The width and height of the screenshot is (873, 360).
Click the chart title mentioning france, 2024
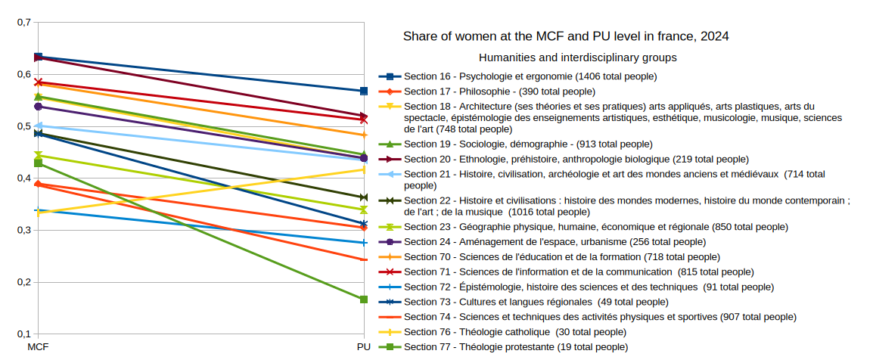click(566, 36)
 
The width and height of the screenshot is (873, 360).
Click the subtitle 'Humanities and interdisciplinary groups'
click(577, 57)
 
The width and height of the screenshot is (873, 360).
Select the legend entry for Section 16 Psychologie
click(530, 76)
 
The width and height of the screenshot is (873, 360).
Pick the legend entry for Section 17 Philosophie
click(499, 92)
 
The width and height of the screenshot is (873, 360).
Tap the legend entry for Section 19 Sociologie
click(527, 144)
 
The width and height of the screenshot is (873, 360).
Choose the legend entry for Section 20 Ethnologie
click(576, 159)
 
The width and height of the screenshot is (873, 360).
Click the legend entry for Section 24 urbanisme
click(555, 242)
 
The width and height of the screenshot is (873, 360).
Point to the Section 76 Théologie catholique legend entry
click(515, 332)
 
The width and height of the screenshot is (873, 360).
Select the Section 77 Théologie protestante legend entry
click(515, 347)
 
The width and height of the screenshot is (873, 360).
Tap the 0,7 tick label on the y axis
click(23, 23)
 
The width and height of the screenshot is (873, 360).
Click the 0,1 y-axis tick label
click(23, 334)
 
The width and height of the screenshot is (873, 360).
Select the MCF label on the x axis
click(38, 347)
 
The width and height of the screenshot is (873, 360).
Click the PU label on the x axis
click(364, 347)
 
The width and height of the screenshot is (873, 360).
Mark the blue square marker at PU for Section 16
click(364, 91)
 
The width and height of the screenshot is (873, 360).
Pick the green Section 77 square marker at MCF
click(38, 163)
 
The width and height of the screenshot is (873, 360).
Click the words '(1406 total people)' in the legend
click(616, 76)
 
